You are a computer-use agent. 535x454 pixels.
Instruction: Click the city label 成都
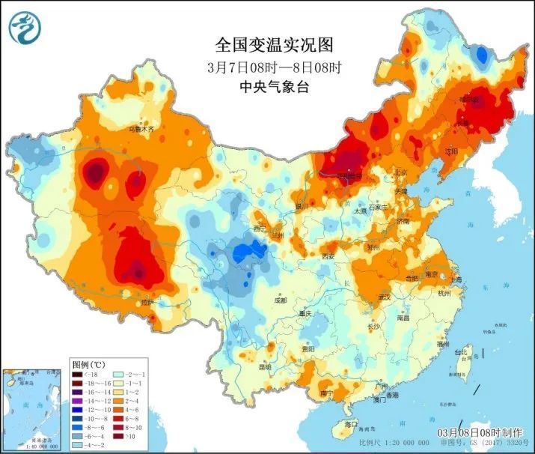pyautogui.click(x=280, y=300)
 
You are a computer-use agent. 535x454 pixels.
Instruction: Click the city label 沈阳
pyautogui.click(x=450, y=151)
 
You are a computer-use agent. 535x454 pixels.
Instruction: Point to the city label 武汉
pyautogui.click(x=385, y=297)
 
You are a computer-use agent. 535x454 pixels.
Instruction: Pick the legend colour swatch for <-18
pyautogui.click(x=77, y=374)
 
